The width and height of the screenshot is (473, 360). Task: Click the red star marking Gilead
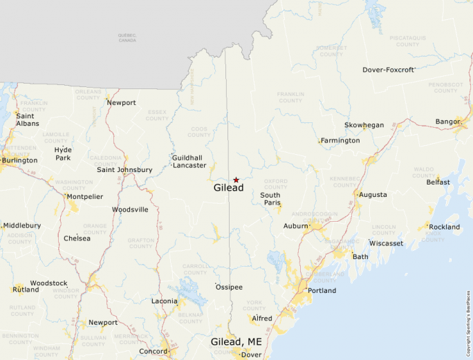click(236, 180)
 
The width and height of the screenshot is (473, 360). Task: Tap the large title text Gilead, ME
click(236, 341)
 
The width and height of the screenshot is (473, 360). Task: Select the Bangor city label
click(447, 122)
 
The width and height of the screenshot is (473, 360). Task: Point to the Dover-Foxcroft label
click(388, 70)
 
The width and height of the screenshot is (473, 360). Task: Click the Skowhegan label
click(364, 125)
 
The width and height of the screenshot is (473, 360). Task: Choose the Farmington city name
click(340, 141)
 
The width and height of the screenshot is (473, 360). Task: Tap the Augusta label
click(372, 195)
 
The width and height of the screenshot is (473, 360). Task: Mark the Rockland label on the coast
click(444, 227)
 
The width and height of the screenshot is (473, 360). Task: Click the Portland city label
click(322, 291)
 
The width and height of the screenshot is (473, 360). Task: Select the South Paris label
click(270, 199)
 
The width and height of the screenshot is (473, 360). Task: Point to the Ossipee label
click(229, 287)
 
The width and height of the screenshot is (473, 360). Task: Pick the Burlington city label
click(20, 160)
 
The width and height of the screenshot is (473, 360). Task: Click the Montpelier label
click(84, 197)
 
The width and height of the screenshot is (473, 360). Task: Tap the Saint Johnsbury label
click(124, 170)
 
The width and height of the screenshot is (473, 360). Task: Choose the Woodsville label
click(130, 209)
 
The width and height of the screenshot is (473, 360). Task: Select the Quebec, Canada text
click(127, 38)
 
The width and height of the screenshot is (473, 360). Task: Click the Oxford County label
click(275, 184)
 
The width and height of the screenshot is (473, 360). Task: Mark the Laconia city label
click(165, 301)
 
